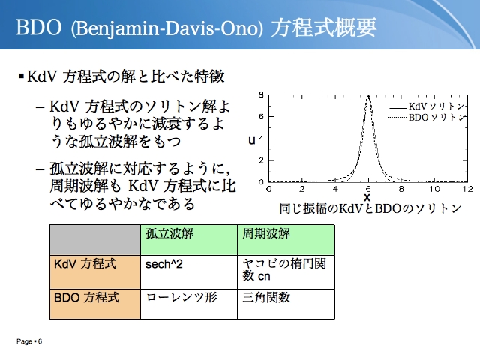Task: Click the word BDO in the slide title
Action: [x=39, y=27]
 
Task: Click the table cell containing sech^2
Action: [x=189, y=271]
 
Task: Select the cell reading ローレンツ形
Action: [x=189, y=304]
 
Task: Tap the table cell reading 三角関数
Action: [x=286, y=304]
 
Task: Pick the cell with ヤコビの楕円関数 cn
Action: [x=286, y=271]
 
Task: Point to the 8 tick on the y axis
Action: [x=261, y=94]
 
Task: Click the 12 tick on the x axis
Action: [x=468, y=189]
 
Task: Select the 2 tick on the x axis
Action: [x=302, y=189]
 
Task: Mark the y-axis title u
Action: [x=252, y=140]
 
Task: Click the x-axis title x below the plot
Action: [x=367, y=197]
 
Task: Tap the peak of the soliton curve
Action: [x=368, y=95]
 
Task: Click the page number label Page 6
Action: [x=29, y=341]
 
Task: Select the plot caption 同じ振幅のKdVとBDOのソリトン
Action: [x=370, y=208]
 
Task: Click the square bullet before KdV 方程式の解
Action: [x=21, y=76]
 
